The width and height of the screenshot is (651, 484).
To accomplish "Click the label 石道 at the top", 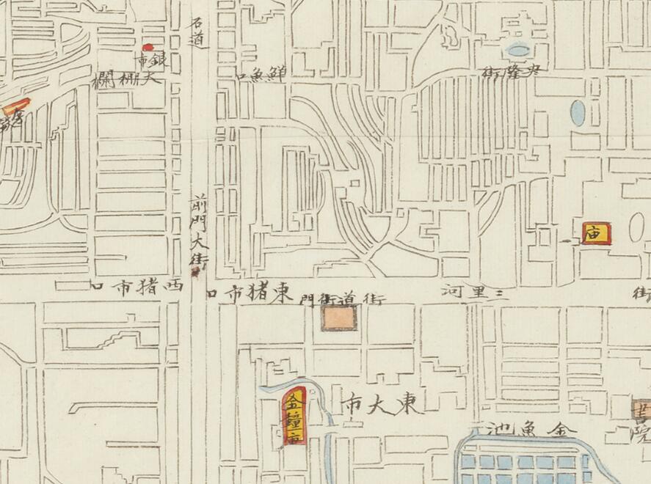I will [x=196, y=33].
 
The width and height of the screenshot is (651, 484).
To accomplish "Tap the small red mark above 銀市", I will [x=148, y=48].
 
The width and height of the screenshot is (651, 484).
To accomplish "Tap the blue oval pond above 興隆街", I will [x=518, y=51].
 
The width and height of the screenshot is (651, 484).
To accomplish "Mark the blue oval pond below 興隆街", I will [x=578, y=111].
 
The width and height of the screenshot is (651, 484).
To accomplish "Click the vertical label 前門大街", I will [x=197, y=231].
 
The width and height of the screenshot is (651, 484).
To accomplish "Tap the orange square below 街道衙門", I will [x=339, y=318].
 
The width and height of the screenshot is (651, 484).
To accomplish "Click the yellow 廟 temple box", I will [x=595, y=234].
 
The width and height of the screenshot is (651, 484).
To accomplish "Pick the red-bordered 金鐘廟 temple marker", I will [x=294, y=419].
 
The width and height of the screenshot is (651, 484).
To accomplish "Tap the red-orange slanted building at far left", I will [x=15, y=108].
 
